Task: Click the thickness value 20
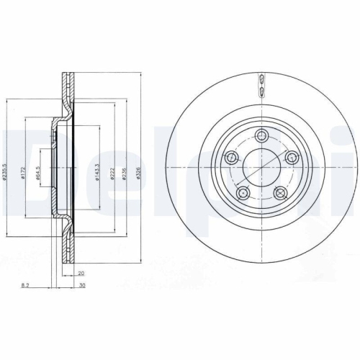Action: click(x=81, y=273)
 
